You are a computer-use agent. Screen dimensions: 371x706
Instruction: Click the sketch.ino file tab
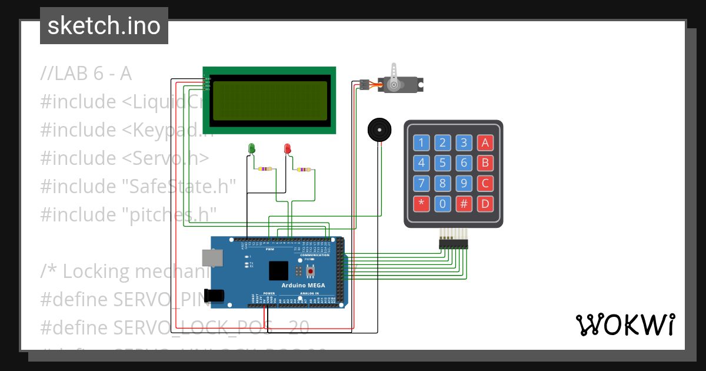[x=104, y=26]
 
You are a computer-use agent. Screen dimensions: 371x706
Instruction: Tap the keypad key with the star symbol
[x=421, y=204]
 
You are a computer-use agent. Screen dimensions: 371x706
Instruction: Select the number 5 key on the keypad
[x=442, y=163]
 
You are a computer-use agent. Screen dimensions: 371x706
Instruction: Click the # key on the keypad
[x=464, y=204]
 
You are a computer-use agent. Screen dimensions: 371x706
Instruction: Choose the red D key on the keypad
[x=485, y=204]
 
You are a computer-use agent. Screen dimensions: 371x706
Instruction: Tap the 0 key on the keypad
[x=442, y=204]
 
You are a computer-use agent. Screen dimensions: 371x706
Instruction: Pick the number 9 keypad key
[x=464, y=184]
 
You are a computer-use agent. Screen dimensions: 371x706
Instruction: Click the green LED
[x=252, y=148]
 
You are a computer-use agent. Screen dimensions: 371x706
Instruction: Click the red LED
[x=288, y=148]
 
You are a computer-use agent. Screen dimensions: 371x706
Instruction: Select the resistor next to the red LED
[x=302, y=170]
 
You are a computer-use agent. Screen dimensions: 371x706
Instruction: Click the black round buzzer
[x=379, y=129]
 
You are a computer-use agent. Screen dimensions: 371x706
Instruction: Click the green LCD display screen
[x=270, y=100]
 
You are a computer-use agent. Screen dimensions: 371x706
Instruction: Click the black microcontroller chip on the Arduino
[x=279, y=271]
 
